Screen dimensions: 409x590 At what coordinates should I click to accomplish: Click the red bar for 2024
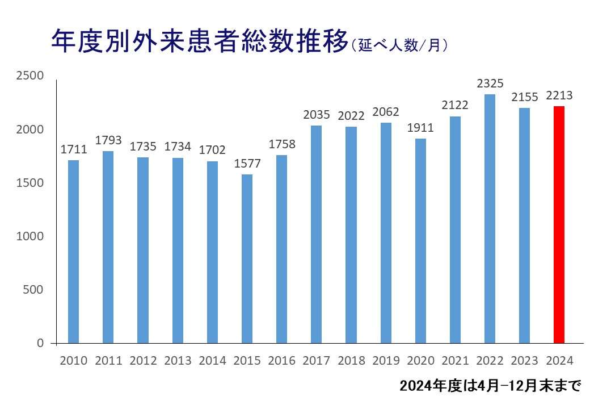click(x=559, y=224)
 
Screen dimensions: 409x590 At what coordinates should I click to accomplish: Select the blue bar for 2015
click(x=247, y=258)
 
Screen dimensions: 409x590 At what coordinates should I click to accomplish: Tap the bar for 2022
click(x=490, y=219)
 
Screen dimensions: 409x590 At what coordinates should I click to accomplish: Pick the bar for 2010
click(x=73, y=252)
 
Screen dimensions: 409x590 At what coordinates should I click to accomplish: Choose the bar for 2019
click(x=386, y=233)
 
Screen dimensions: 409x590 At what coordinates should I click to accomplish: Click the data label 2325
click(x=490, y=84)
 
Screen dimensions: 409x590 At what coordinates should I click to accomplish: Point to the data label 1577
click(x=247, y=164)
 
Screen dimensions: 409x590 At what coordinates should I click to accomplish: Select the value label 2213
click(x=559, y=95)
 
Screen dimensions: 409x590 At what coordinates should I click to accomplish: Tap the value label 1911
click(x=420, y=128)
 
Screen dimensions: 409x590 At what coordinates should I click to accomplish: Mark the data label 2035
click(x=317, y=115)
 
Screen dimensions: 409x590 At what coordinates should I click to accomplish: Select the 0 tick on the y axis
click(x=40, y=343)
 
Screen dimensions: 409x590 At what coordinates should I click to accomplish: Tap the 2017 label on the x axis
click(x=317, y=361)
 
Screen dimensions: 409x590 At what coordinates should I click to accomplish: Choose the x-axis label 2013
click(x=178, y=361)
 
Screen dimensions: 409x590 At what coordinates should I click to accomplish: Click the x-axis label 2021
click(x=455, y=361)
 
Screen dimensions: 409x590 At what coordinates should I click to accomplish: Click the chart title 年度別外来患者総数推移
click(x=199, y=41)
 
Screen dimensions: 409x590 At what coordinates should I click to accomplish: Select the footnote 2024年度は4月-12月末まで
click(x=490, y=387)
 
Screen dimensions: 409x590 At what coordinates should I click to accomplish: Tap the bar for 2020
click(x=420, y=241)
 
